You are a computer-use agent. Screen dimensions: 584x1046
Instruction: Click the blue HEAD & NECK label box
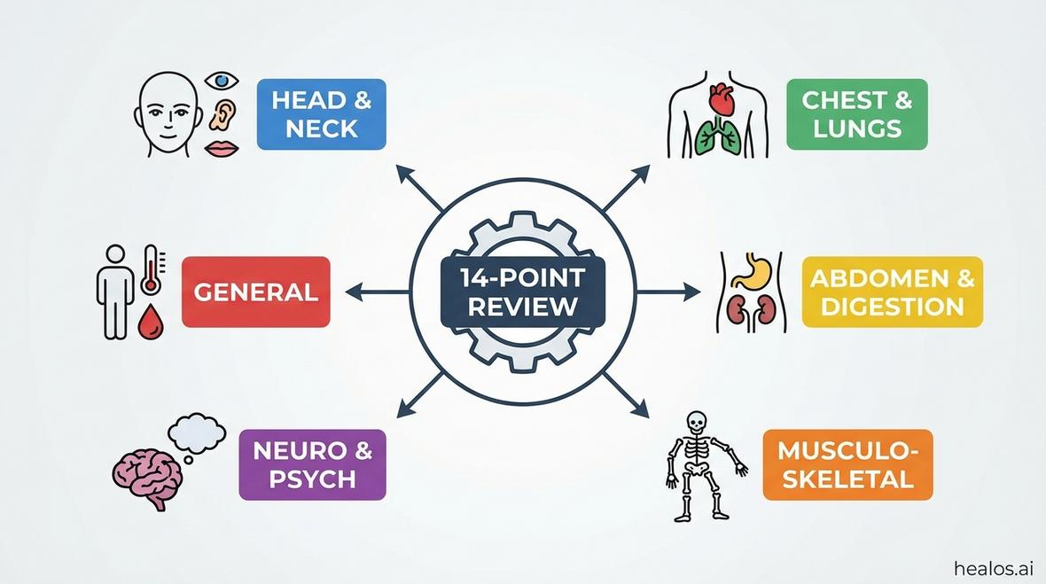[321, 114]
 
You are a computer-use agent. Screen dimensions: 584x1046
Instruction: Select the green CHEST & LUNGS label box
[856, 114]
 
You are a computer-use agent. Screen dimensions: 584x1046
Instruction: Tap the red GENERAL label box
[255, 292]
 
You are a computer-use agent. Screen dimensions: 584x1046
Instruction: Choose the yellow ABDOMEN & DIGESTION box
[892, 292]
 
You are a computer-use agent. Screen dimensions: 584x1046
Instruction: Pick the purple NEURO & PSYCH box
[312, 465]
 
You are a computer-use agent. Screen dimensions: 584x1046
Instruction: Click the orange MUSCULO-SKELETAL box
[847, 465]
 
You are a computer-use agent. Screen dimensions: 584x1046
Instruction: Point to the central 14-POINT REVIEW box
[522, 292]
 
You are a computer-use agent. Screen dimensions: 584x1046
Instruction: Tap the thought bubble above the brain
[196, 432]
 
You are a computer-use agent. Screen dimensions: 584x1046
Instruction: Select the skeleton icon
[699, 464]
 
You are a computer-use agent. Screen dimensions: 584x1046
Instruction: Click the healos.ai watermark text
[993, 568]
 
